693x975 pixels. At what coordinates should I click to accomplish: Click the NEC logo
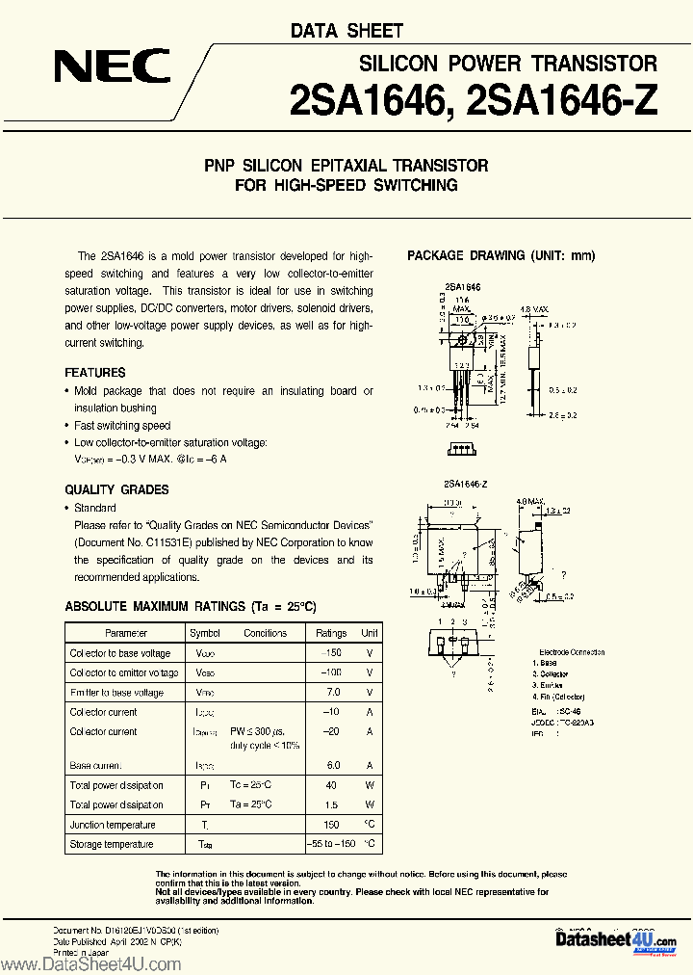(113, 66)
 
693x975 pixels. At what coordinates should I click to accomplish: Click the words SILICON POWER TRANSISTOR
(507, 64)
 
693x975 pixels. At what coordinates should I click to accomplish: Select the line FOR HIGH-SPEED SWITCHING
(346, 184)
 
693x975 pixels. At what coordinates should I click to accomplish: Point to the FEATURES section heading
(95, 372)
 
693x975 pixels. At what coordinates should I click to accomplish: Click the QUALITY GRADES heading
(116, 489)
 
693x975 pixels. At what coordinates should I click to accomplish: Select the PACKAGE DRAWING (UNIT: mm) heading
(501, 255)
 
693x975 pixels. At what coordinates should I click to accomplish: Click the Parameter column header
(126, 633)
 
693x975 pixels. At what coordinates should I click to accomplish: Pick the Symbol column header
(205, 633)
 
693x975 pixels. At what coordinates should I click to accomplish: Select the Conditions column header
(265, 633)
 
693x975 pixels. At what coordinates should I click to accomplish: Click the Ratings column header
(331, 633)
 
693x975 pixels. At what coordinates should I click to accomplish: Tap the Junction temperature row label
(112, 825)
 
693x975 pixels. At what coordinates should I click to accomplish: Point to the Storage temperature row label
(111, 844)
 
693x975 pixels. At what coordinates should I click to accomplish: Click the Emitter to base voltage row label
(116, 692)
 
